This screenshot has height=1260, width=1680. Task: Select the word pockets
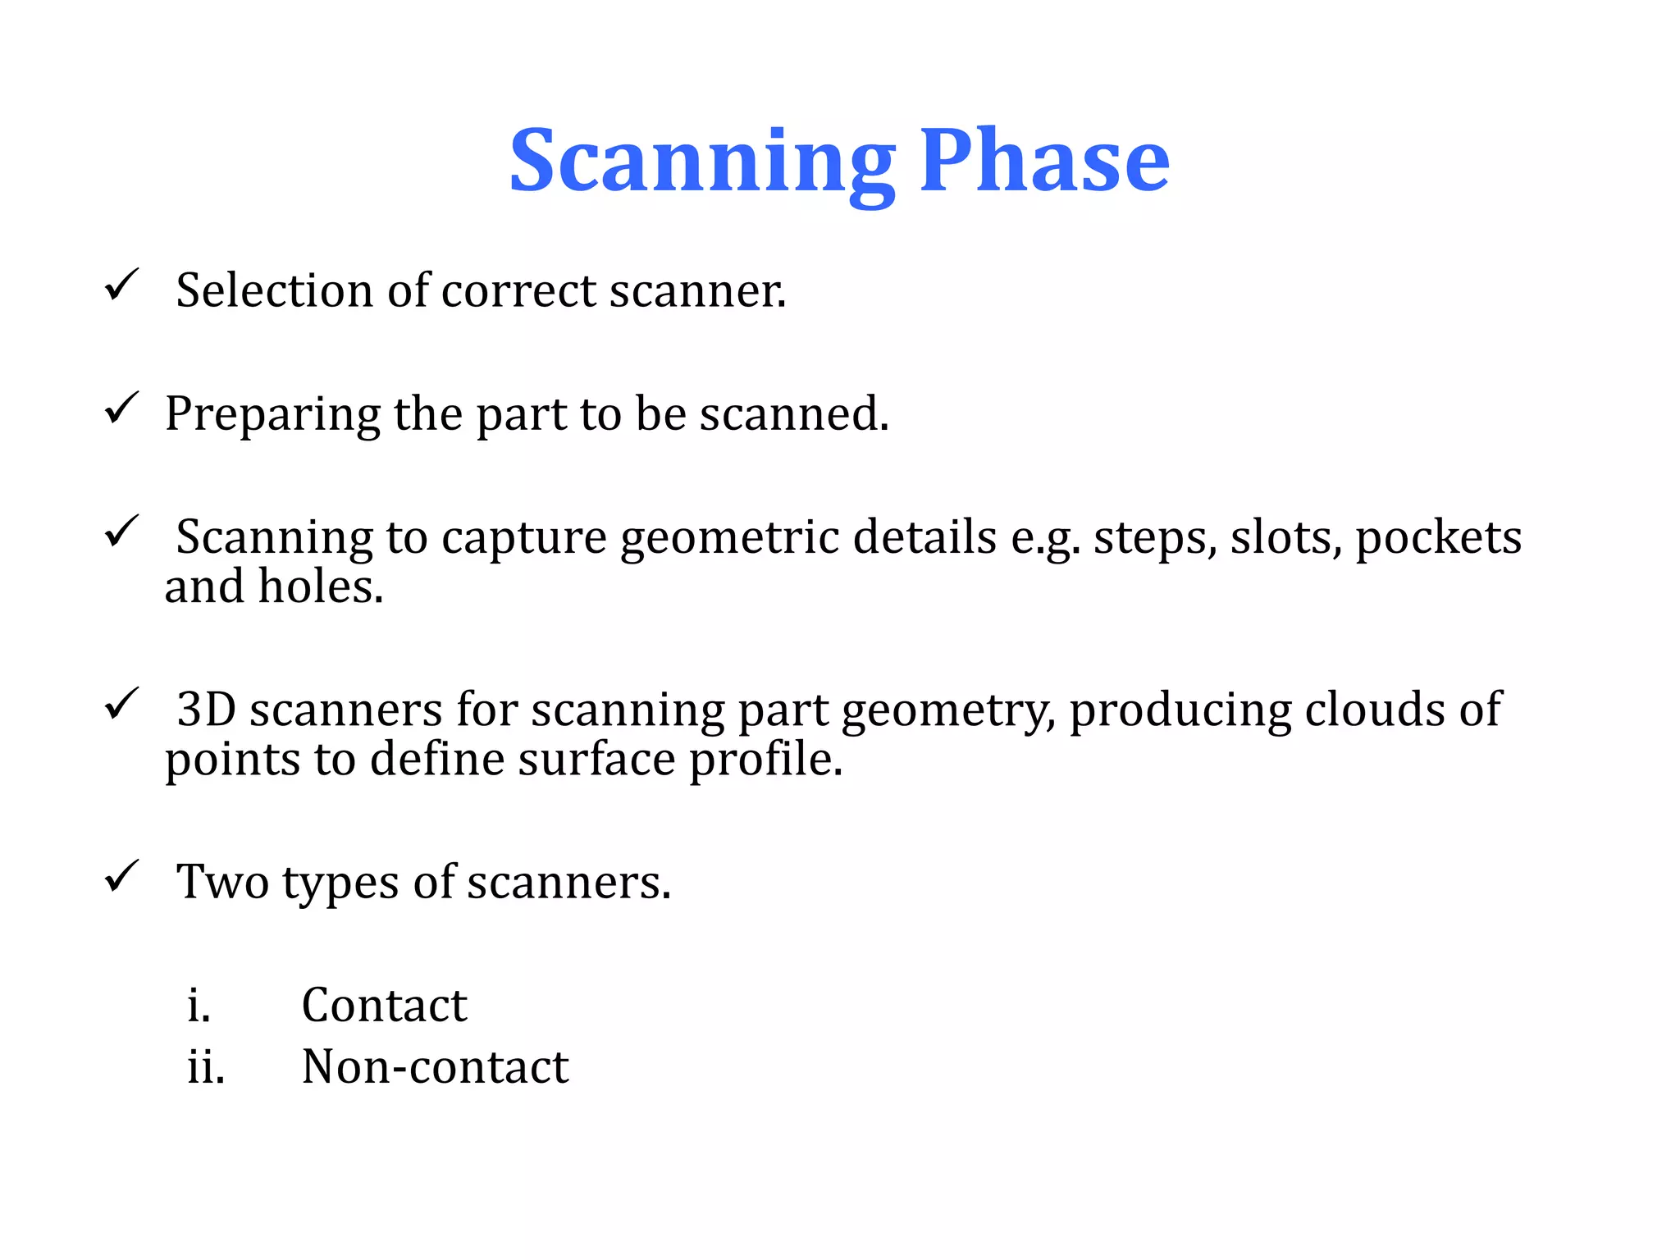coord(1438,538)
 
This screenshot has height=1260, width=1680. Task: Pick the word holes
coord(321,587)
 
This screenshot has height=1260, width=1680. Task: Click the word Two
coord(222,883)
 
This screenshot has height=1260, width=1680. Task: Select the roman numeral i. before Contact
coord(199,1005)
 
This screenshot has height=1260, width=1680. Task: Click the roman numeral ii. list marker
coord(205,1067)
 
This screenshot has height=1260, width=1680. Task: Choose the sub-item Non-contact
coord(435,1067)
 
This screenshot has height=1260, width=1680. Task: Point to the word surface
coord(596,760)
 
